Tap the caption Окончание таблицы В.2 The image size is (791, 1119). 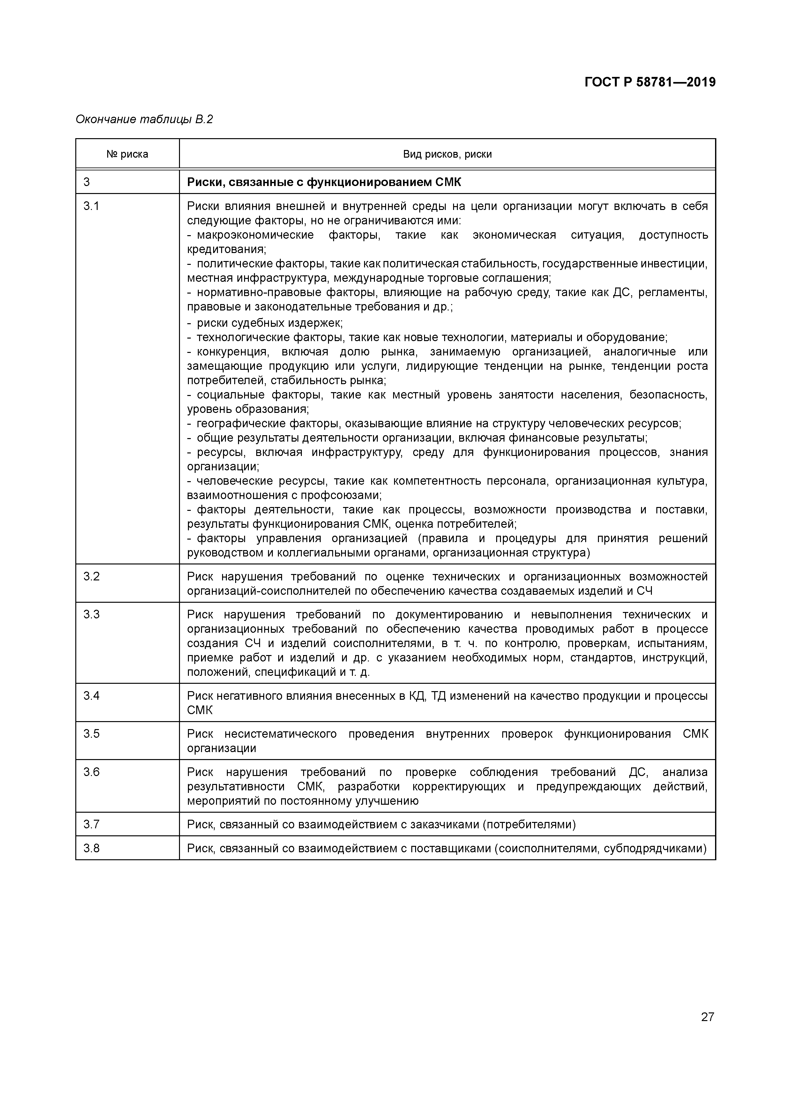point(144,119)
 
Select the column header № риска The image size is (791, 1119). point(127,154)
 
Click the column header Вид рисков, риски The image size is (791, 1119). point(447,154)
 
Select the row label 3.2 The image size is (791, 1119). point(91,577)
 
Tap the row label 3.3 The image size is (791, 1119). point(91,615)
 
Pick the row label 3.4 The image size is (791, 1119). point(91,696)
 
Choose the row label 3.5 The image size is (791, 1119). point(91,734)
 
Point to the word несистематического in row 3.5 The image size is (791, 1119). point(280,734)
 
